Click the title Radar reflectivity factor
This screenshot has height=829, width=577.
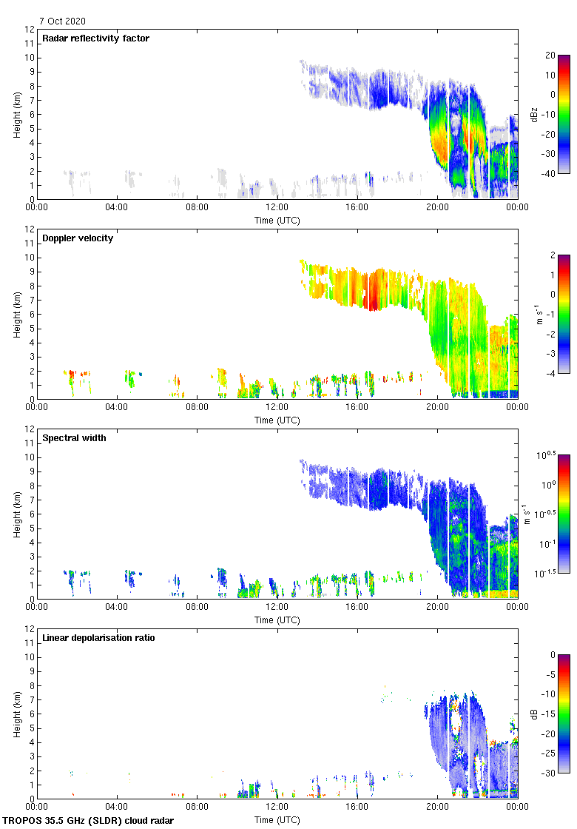[x=96, y=38]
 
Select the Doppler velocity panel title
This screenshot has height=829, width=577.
[x=78, y=238]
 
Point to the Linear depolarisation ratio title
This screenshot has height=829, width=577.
[x=98, y=638]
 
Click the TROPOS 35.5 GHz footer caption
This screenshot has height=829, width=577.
[x=90, y=821]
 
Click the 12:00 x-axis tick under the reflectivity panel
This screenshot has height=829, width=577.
[x=277, y=207]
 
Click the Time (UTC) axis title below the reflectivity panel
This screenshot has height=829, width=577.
[x=277, y=220]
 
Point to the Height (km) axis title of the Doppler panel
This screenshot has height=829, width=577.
[x=16, y=314]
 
